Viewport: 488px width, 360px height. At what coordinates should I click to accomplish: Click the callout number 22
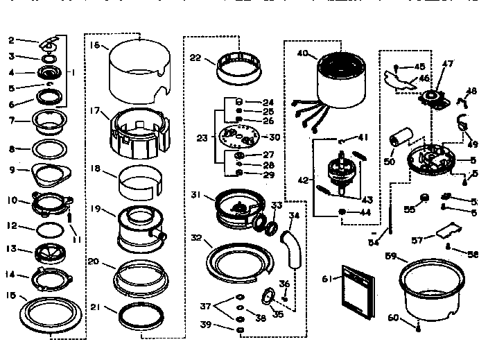[x=195, y=58]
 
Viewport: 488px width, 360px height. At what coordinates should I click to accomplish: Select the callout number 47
[x=448, y=65]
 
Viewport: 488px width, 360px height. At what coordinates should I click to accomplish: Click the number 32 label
[x=196, y=238]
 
